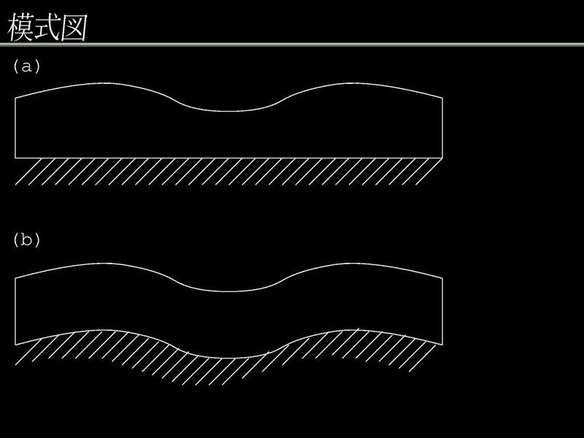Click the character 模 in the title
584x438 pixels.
pos(20,27)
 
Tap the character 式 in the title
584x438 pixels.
pos(47,27)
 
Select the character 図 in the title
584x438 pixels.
pos(74,27)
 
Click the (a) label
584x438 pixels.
pos(26,66)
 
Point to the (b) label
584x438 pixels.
pos(26,239)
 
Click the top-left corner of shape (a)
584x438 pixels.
pos(15,98)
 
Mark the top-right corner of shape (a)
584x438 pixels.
pos(442,98)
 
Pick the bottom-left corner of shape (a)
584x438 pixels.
pos(15,158)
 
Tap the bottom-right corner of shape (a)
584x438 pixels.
pos(442,158)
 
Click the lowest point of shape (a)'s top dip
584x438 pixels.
pos(228,111)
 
